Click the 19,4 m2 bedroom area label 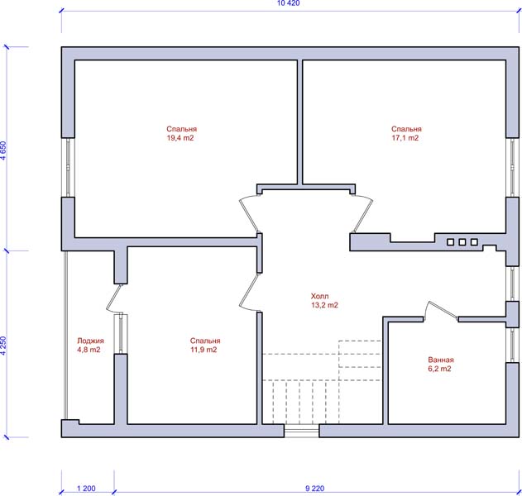point(181,133)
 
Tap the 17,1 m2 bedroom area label point(406,133)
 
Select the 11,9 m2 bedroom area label point(205,345)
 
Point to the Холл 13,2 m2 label point(324,301)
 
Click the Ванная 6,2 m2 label point(441,365)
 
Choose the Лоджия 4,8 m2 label point(90,345)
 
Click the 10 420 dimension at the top point(288,3)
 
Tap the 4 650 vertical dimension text point(3,150)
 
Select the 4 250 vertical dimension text point(3,346)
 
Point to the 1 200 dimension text point(86,489)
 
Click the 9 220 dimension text point(314,489)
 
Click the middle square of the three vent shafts point(462,242)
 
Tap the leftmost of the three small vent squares point(450,242)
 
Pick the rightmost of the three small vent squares point(474,242)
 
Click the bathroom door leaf point(443,310)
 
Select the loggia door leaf point(114,298)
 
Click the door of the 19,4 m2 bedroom point(249,215)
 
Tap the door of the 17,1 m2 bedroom point(363,214)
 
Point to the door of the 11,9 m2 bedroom point(249,292)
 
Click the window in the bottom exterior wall point(302,431)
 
